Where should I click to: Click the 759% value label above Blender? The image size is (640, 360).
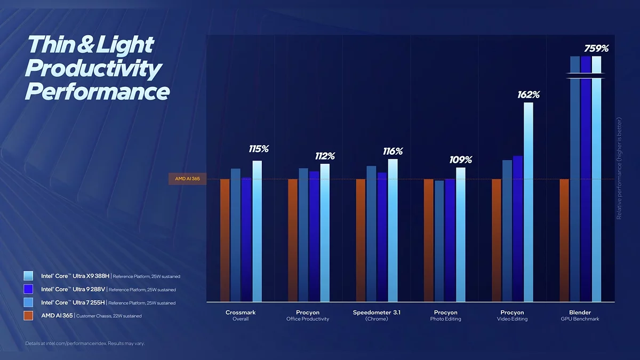click(596, 49)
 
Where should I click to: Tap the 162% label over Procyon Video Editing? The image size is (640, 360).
click(528, 95)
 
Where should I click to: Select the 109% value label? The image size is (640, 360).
click(460, 159)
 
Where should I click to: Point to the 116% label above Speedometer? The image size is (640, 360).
click(393, 151)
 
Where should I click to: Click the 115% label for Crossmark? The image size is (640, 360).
click(258, 149)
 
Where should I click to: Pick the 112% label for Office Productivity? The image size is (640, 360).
click(325, 156)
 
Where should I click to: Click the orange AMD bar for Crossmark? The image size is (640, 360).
click(225, 240)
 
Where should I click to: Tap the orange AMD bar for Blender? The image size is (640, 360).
click(564, 240)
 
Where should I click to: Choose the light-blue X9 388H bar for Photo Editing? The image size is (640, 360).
click(460, 235)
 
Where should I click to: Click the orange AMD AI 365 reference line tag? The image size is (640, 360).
click(187, 179)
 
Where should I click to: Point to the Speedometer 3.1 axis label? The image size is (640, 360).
click(377, 313)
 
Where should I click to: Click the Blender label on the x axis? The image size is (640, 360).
click(580, 313)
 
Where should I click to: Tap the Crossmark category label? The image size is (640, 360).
click(241, 313)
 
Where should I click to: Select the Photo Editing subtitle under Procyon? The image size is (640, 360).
click(445, 319)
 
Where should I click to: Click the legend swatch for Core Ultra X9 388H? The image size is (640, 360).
click(28, 276)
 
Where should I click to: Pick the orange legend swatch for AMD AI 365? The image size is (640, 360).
click(28, 316)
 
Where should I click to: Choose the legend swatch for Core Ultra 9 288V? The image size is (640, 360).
click(28, 289)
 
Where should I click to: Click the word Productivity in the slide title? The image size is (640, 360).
click(93, 68)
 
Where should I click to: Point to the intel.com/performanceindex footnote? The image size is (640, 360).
click(85, 343)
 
